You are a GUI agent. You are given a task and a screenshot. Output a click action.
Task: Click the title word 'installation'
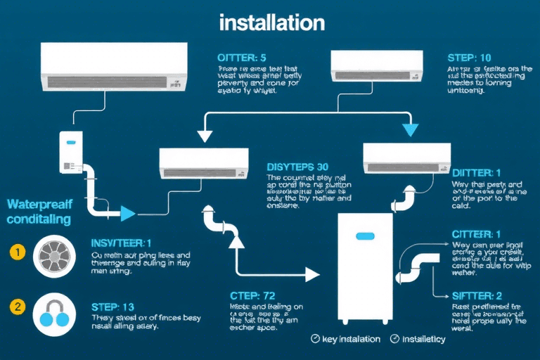click(x=271, y=22)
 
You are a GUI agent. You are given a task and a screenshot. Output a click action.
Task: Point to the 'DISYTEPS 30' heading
click(x=298, y=167)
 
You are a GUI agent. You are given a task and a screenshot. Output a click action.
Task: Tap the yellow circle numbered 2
click(x=18, y=306)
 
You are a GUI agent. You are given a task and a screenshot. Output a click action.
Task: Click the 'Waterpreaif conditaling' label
click(x=39, y=212)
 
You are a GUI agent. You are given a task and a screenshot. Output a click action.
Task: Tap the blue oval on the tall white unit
click(x=364, y=235)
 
